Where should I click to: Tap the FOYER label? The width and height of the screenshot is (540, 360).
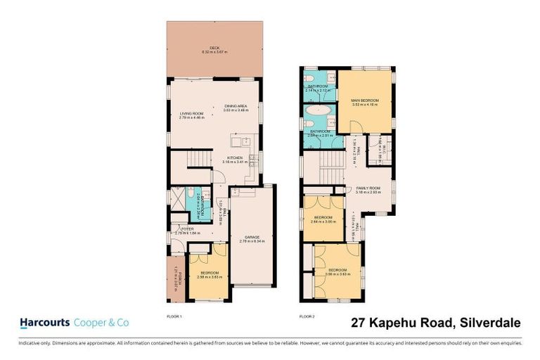[187, 229]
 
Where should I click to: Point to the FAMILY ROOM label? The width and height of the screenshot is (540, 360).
[368, 188]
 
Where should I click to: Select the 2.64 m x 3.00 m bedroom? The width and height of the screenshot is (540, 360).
[323, 219]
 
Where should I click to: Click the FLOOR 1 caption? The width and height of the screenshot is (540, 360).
[174, 316]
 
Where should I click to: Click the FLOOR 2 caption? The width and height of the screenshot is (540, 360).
[307, 316]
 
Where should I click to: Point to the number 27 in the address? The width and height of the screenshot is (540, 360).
[359, 323]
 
